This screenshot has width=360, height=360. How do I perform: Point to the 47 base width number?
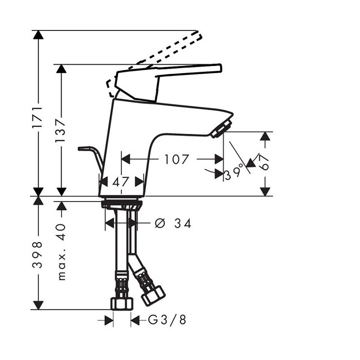click(120, 182)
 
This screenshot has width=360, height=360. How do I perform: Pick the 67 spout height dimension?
click(265, 162)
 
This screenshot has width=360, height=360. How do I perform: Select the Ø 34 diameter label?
click(173, 223)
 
